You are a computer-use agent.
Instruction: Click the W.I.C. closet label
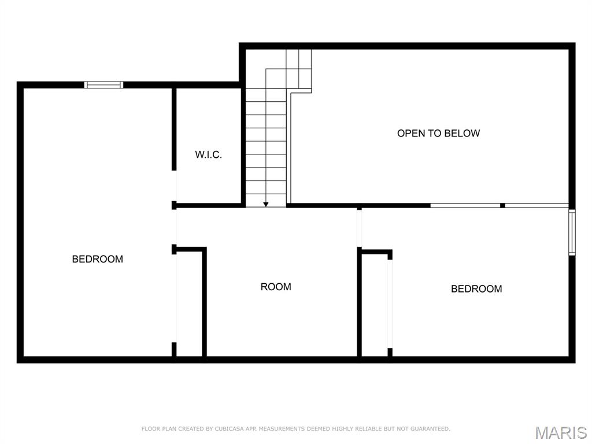pos(208,155)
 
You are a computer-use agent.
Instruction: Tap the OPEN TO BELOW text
pos(438,134)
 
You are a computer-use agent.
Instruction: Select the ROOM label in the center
pos(276,287)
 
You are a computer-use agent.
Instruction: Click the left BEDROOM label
pos(97,259)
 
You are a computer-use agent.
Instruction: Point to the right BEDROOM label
pos(476,289)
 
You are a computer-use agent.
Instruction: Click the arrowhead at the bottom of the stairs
pos(266,203)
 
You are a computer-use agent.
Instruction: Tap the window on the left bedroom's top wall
pos(104,85)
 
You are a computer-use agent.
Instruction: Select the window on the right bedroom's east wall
pos(572,232)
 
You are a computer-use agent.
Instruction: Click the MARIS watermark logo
pos(560,432)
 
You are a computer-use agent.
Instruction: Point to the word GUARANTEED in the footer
pos(430,429)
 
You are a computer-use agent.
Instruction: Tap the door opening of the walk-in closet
pos(175,186)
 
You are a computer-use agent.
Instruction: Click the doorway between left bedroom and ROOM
pos(175,227)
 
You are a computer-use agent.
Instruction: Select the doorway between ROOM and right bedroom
pos(359,228)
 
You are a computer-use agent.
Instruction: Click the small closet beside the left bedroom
pos(189,304)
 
